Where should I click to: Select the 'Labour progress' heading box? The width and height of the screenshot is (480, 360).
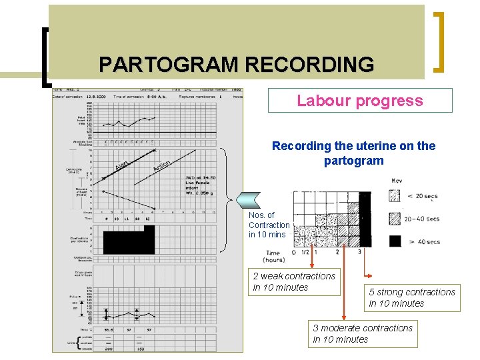[x=360, y=101]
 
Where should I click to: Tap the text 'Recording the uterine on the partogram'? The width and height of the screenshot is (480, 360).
[x=354, y=153]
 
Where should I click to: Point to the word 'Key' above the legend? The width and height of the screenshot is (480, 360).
[x=397, y=181]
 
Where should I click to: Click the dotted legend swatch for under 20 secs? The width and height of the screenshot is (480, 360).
[x=395, y=196]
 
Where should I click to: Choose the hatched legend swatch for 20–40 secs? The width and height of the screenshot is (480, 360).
[x=395, y=219]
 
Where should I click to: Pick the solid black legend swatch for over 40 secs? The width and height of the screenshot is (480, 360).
[x=395, y=241]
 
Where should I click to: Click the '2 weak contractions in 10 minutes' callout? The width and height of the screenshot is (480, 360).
[x=294, y=281]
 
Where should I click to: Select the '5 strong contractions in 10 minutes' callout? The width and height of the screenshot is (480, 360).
[x=412, y=297]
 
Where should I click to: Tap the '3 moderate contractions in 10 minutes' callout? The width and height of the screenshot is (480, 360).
[x=363, y=333]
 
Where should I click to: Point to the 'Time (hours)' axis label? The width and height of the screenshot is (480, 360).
[x=273, y=257]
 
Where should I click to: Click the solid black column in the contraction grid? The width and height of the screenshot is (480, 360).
[x=364, y=220]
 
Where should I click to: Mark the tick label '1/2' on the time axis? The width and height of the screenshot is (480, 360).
[x=305, y=252]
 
